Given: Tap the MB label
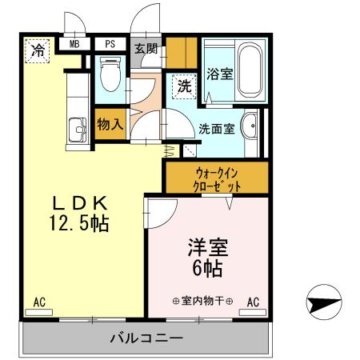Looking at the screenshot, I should pos(74,46).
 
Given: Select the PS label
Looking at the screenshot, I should pos(110,46).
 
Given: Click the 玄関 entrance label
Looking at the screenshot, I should pos(146,48).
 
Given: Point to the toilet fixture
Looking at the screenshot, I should pos(110,75).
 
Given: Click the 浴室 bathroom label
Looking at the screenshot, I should pos(219,74).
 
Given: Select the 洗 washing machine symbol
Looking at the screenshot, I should pos(183,86).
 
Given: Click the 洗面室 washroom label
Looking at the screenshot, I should pos(216,128).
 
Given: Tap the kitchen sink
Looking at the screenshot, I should pos(78,129).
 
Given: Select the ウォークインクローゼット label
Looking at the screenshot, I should pos(217,178).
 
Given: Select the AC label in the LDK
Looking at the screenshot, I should pos(40,302).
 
